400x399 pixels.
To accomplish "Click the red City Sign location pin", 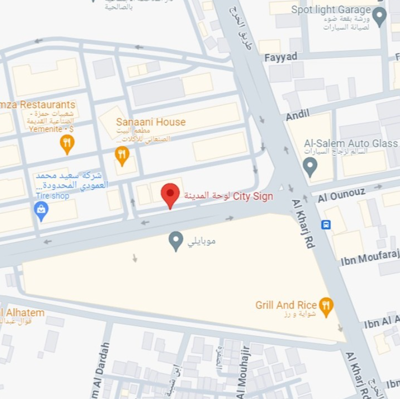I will pyautogui.click(x=170, y=194).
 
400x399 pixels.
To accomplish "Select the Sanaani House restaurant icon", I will pyautogui.click(x=122, y=155).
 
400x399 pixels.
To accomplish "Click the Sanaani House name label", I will pyautogui.click(x=151, y=122).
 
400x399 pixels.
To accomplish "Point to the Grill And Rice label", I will pyautogui.click(x=286, y=305).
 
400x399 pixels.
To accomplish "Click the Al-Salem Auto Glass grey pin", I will pyautogui.click(x=310, y=166).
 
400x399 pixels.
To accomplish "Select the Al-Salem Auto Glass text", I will pyautogui.click(x=350, y=144).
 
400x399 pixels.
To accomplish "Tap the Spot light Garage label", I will pyautogui.click(x=331, y=10).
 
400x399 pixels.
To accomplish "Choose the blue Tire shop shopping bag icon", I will pyautogui.click(x=41, y=211).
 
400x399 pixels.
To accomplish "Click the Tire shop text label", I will pyautogui.click(x=52, y=196).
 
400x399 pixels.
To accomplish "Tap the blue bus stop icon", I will pyautogui.click(x=326, y=224).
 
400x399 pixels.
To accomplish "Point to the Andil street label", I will pyautogui.click(x=297, y=115).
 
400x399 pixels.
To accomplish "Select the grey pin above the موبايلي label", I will pyautogui.click(x=175, y=241).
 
